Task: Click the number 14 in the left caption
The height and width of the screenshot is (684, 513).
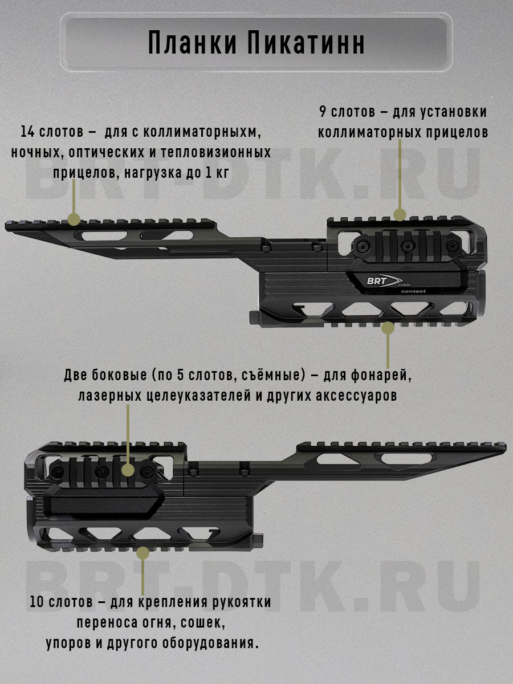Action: (28, 132)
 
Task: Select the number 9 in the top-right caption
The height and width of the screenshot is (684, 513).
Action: (322, 112)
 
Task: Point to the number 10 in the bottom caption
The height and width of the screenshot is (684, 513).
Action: (37, 602)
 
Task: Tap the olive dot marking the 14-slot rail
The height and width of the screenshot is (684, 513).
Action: (73, 219)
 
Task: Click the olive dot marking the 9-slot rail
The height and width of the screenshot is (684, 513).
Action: (400, 215)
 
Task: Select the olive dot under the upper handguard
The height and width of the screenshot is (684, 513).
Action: (388, 328)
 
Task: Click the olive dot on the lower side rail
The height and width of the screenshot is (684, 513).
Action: (128, 470)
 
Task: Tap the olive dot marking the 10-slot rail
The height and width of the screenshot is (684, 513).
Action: (142, 552)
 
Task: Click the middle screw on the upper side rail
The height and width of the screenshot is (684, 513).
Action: (407, 246)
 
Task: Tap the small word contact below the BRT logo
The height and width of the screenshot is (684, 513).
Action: (413, 291)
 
